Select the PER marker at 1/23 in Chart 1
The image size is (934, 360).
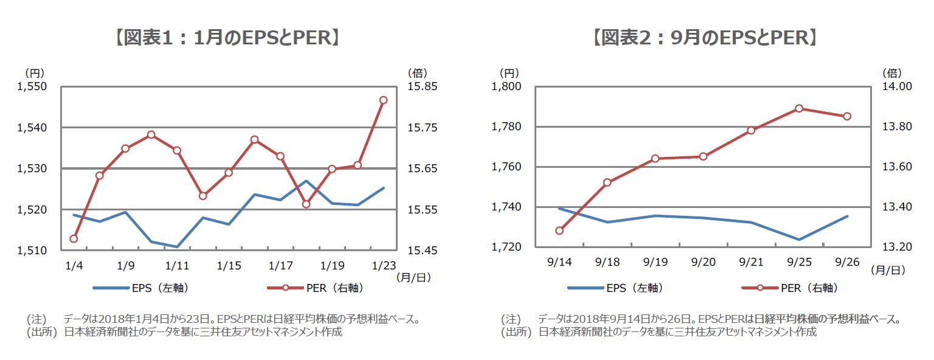click(384, 100)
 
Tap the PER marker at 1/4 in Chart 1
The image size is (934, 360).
click(74, 238)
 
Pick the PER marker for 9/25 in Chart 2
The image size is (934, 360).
click(799, 108)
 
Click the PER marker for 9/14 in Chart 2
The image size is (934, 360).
click(559, 230)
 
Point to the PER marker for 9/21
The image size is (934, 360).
click(751, 130)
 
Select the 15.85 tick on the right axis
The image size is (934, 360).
click(423, 87)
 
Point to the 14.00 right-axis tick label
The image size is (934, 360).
click(897, 87)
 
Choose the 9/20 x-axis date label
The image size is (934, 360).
click(704, 261)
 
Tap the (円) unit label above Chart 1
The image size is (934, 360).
click(34, 73)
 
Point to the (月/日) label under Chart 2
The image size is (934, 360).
click(888, 268)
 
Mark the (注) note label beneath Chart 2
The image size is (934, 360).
click(511, 319)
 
